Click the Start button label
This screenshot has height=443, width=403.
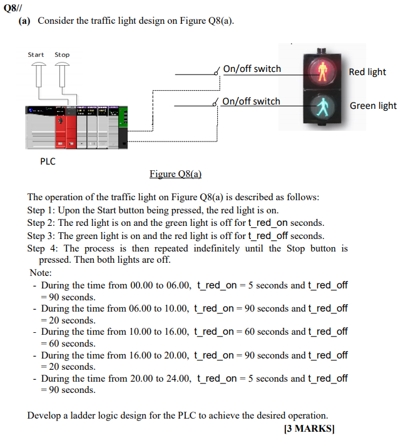click(36, 54)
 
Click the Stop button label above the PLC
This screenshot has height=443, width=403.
click(62, 54)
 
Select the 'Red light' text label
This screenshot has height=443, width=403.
click(367, 72)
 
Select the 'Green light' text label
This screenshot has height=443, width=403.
click(373, 106)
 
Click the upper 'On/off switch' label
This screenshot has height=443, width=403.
click(252, 69)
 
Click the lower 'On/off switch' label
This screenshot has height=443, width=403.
click(252, 101)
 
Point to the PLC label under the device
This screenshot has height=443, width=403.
click(48, 161)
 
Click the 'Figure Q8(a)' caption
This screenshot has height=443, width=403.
click(175, 173)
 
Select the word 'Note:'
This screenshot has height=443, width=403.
click(41, 273)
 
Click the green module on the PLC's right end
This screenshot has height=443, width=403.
click(123, 125)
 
